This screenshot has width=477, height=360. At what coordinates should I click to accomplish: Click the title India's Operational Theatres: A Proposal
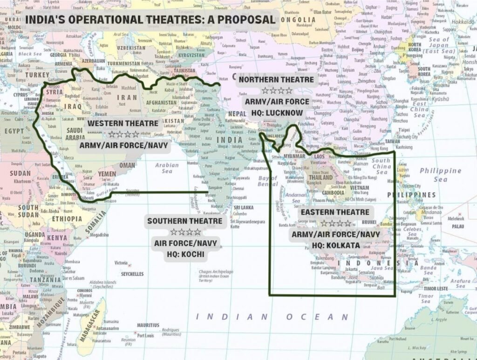pos(150,20)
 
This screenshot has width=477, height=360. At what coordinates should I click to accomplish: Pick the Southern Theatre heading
pos(185,220)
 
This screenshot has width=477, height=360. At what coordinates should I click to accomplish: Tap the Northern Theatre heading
pos(276,80)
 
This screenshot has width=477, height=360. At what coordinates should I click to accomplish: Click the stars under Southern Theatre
pos(185,231)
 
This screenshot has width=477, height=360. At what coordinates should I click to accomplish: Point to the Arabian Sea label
pos(167,168)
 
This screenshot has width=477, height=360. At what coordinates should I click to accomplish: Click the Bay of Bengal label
pos(267,181)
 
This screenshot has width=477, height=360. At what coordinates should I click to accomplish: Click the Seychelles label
pos(132,274)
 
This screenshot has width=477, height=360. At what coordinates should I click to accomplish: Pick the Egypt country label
pos(14,132)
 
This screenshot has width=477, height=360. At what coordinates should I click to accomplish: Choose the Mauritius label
pos(148,325)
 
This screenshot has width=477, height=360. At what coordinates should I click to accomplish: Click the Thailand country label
pos(322,177)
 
